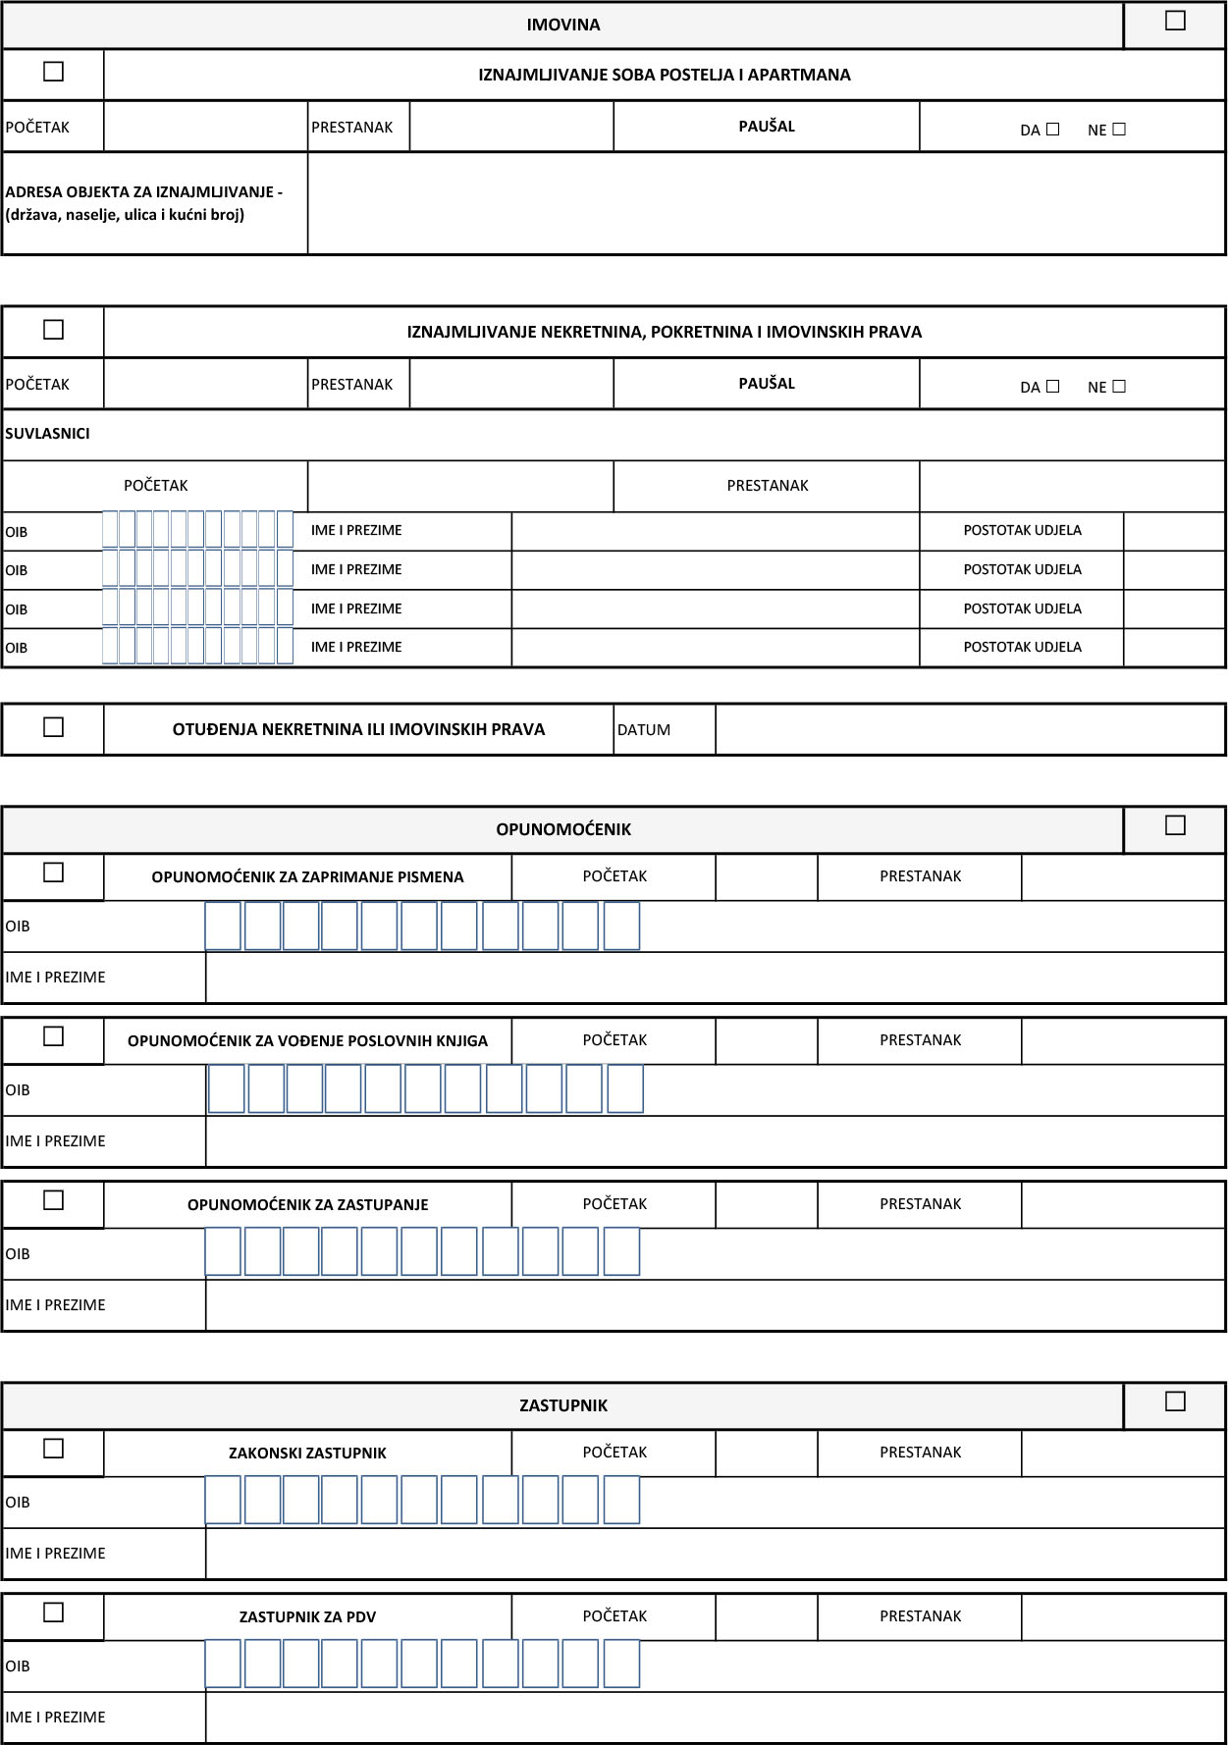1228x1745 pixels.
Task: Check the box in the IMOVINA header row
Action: pyautogui.click(x=1175, y=21)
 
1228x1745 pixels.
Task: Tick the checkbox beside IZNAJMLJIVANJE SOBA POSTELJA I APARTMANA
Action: pyautogui.click(x=54, y=72)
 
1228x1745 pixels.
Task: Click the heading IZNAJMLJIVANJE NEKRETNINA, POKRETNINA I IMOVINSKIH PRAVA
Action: pyautogui.click(x=664, y=332)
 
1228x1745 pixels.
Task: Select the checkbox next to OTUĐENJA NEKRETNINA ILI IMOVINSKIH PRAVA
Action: pyautogui.click(x=54, y=727)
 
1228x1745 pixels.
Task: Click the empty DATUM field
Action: pyautogui.click(x=970, y=730)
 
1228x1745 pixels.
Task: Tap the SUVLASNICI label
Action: pyautogui.click(x=47, y=434)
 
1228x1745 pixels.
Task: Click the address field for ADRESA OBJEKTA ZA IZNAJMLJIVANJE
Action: pyautogui.click(x=766, y=203)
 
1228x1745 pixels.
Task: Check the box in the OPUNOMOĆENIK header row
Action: pyautogui.click(x=1175, y=825)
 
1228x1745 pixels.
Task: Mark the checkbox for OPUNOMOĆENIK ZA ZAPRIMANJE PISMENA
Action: pyautogui.click(x=54, y=872)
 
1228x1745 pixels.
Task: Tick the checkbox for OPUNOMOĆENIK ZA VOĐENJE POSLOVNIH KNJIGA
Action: pyautogui.click(x=54, y=1036)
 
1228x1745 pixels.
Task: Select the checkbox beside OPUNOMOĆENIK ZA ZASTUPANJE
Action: pyautogui.click(x=54, y=1200)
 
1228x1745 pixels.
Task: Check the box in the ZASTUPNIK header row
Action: pyautogui.click(x=1175, y=1401)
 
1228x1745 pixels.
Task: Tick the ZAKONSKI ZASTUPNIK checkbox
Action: pyautogui.click(x=54, y=1449)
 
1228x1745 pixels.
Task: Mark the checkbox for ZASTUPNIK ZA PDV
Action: pyautogui.click(x=54, y=1613)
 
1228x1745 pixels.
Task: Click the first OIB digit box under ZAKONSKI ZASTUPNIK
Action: pyautogui.click(x=223, y=1501)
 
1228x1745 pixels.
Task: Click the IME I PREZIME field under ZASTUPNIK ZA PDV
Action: pyautogui.click(x=715, y=1718)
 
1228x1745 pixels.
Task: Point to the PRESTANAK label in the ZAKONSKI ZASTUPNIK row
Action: pyautogui.click(x=920, y=1453)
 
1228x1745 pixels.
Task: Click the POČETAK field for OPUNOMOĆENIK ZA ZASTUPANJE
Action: pyautogui.click(x=766, y=1204)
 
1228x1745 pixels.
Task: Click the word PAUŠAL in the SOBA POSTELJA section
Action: pyautogui.click(x=767, y=127)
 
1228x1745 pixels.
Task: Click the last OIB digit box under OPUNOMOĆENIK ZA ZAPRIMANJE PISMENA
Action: pyautogui.click(x=621, y=926)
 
